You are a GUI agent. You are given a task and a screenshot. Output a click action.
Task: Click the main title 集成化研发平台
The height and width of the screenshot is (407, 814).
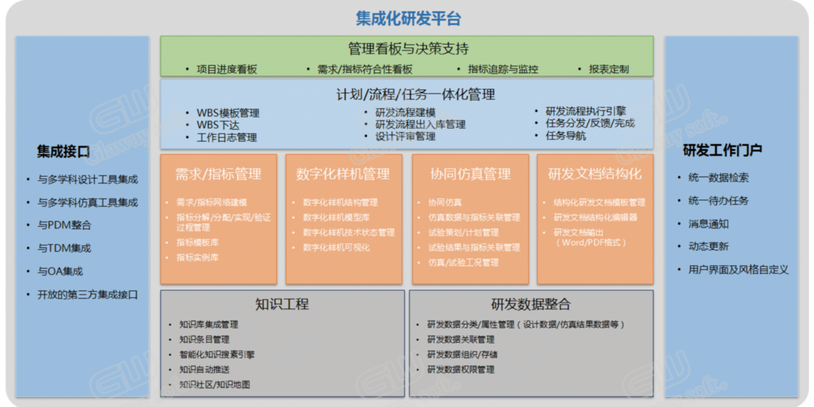(408, 18)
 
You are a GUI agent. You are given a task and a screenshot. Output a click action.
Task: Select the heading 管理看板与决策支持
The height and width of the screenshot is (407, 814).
(408, 48)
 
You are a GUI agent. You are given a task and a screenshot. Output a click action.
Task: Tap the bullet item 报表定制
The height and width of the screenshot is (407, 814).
(608, 69)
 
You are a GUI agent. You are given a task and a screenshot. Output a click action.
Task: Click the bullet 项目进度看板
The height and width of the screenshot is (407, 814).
(227, 69)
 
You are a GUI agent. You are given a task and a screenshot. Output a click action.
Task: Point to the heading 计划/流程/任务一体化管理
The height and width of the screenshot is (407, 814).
(415, 95)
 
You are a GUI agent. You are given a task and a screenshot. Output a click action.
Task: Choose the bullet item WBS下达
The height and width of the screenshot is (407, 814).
(218, 125)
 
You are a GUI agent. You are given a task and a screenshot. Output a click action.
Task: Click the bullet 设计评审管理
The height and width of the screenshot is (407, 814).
(405, 137)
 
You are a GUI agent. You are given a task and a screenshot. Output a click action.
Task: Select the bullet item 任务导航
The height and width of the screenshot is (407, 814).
(565, 136)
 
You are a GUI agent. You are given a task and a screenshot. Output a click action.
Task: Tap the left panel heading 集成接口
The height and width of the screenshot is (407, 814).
(63, 152)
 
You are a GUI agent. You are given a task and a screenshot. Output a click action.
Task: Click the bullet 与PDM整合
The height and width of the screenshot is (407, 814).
(65, 225)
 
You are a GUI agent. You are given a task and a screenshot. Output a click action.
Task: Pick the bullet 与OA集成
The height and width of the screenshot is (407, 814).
(60, 271)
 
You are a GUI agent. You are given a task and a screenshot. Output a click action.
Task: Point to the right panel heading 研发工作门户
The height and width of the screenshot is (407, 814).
(723, 150)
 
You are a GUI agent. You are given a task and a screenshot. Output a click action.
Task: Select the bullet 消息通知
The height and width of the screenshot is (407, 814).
(708, 224)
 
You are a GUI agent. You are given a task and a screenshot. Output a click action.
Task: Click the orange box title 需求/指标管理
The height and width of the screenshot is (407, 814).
(218, 174)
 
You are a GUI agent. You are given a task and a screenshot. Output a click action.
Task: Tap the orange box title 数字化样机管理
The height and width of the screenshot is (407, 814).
(343, 174)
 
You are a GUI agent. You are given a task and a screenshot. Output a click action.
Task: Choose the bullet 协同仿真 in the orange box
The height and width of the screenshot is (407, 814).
(445, 202)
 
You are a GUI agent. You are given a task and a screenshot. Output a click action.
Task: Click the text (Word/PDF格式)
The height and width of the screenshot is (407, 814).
(591, 242)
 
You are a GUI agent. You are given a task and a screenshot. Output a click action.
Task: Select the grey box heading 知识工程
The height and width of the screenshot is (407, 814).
(282, 304)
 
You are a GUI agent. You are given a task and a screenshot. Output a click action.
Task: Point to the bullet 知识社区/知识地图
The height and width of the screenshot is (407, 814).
(214, 384)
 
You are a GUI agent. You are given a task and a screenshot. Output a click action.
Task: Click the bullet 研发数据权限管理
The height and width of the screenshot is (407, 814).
(461, 369)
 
